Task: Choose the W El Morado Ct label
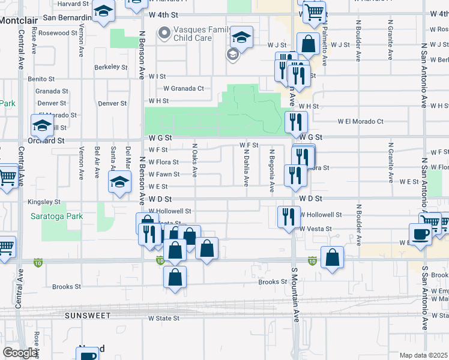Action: [x=360, y=121]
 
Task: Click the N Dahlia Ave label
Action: [x=247, y=168]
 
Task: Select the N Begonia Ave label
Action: [x=272, y=171]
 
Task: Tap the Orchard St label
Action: [x=46, y=140]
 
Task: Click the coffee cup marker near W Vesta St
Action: [x=420, y=233]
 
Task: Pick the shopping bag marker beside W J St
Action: [x=308, y=44]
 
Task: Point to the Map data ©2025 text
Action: [x=423, y=355]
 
